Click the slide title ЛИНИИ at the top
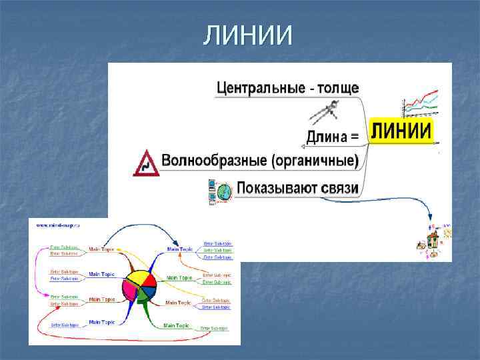[x=247, y=34]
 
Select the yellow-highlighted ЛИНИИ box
[x=401, y=130]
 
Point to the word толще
[x=336, y=88]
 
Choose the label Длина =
[x=332, y=137]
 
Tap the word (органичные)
[x=314, y=161]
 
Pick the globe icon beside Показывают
[x=225, y=190]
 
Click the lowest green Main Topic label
[x=177, y=326]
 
